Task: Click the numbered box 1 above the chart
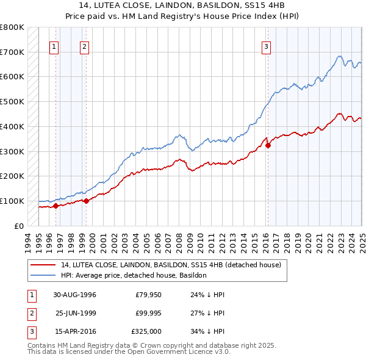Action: [54, 45]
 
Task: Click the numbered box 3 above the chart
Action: [267, 45]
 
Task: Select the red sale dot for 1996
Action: [56, 206]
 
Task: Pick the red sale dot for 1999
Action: [86, 200]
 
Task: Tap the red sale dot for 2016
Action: [268, 145]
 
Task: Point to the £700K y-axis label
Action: [12, 52]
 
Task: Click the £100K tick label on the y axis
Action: [12, 201]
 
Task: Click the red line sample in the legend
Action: [43, 265]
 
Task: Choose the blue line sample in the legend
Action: [43, 276]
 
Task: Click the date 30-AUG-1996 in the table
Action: [75, 295]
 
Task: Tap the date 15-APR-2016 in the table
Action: [75, 332]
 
